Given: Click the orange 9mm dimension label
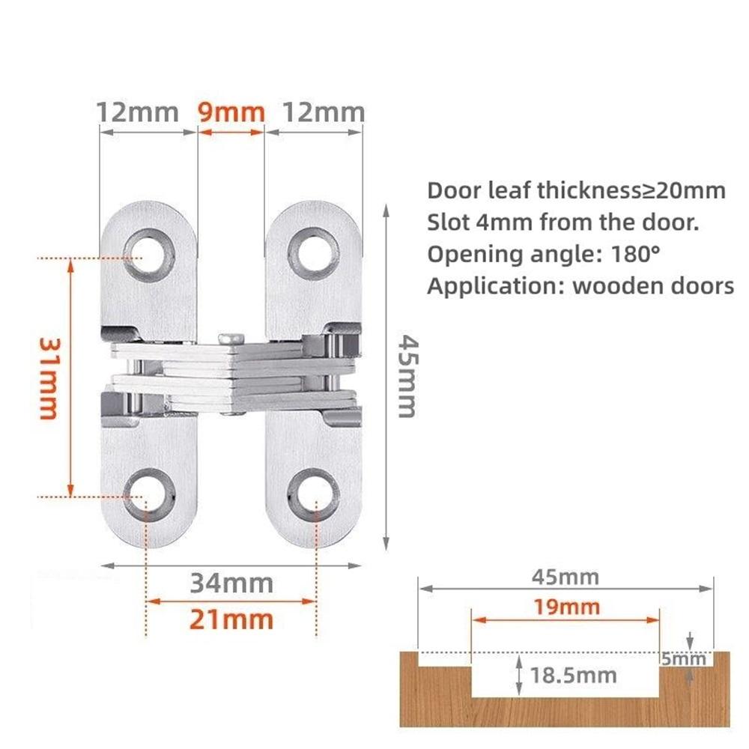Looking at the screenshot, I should [x=231, y=112].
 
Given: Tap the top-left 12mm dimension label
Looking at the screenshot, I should [x=138, y=112].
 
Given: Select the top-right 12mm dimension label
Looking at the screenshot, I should [x=322, y=112].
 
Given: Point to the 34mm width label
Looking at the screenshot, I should [x=231, y=583].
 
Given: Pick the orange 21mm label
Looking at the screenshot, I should [x=231, y=619].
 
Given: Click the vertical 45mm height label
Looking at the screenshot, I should [x=407, y=376].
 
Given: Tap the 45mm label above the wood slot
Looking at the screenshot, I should [x=565, y=577].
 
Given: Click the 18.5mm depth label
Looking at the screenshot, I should [x=574, y=675].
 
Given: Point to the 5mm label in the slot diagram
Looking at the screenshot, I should [x=683, y=659].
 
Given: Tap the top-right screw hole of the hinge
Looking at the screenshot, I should [x=314, y=254].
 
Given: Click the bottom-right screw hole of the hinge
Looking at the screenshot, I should [x=314, y=495].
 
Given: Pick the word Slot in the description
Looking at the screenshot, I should [x=445, y=222].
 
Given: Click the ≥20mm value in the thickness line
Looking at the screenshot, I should [x=683, y=190].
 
